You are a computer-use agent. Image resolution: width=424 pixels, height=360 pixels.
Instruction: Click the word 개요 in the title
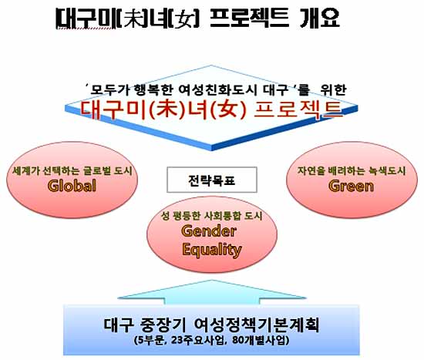click(x=320, y=19)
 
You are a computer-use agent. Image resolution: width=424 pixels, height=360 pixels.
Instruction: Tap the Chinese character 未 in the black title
click(x=134, y=19)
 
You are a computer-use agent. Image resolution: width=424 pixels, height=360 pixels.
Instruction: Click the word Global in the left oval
click(x=72, y=186)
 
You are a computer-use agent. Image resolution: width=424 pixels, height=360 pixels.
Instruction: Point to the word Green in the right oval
click(x=352, y=186)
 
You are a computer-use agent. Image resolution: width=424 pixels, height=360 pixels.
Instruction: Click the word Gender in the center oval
click(x=209, y=231)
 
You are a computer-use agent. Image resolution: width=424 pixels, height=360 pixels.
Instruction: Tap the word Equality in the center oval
click(x=212, y=250)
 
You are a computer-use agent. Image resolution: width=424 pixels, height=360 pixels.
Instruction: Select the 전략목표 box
click(x=212, y=180)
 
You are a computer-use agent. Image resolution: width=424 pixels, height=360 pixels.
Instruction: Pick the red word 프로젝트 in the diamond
click(x=298, y=110)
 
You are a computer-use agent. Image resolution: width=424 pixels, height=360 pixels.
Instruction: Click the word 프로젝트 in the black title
click(x=248, y=19)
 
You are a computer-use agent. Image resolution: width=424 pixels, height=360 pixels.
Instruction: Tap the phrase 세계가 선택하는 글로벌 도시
click(x=72, y=171)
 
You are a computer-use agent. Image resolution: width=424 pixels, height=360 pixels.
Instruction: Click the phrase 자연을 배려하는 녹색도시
click(x=352, y=170)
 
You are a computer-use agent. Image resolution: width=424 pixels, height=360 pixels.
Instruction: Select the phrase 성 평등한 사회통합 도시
click(x=212, y=216)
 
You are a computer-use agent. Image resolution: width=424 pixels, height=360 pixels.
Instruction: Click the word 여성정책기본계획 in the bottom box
click(x=257, y=325)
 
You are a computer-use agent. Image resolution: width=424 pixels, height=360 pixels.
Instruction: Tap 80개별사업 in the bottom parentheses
click(x=259, y=340)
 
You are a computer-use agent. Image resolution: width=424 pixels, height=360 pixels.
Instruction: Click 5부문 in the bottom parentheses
click(x=150, y=340)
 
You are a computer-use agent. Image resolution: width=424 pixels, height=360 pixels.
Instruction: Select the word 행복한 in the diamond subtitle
click(x=153, y=90)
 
